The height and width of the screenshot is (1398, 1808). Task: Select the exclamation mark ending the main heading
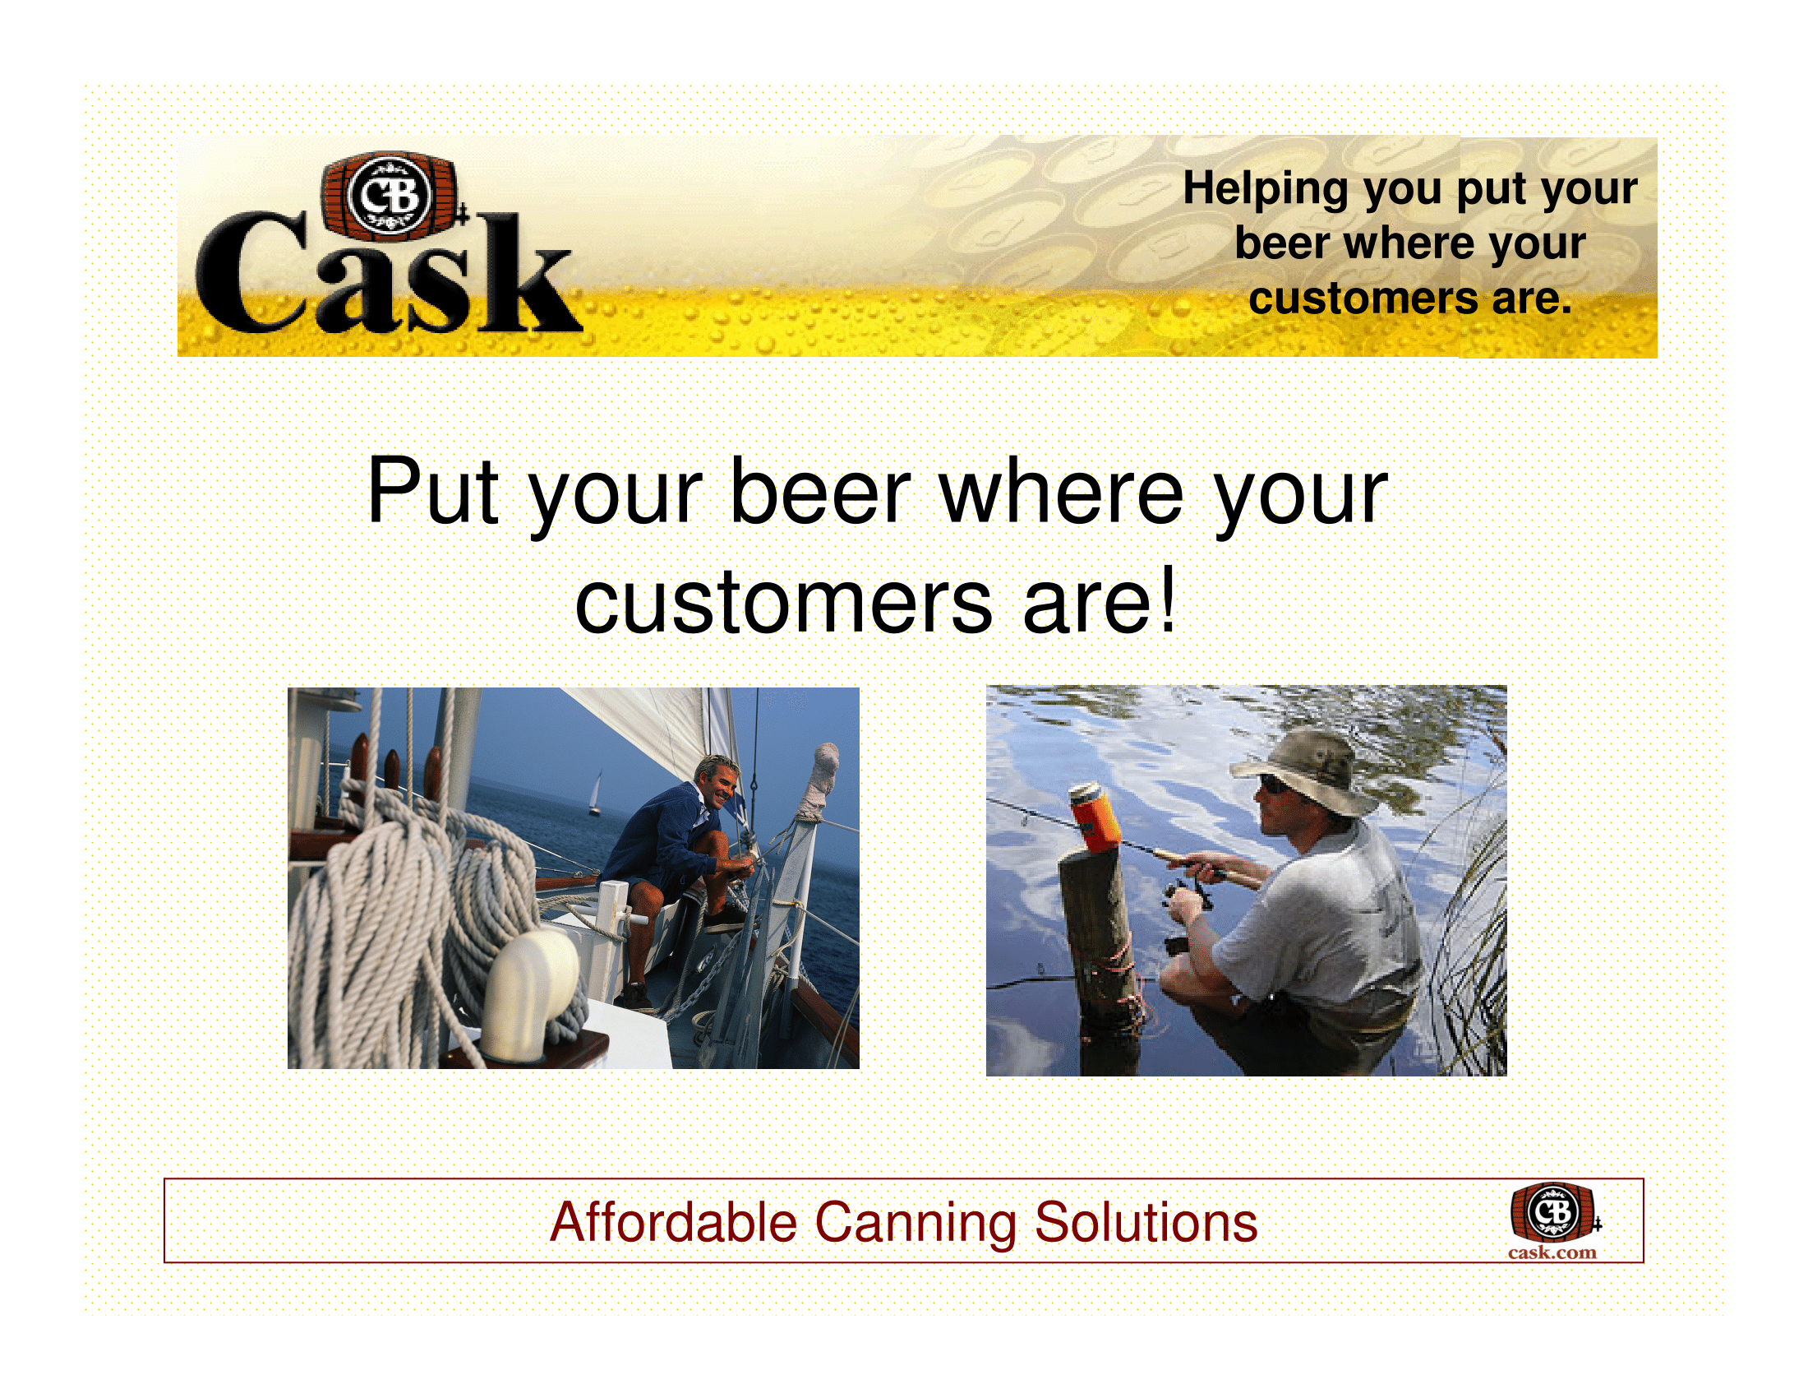1167,598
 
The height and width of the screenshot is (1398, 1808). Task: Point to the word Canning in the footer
916,1224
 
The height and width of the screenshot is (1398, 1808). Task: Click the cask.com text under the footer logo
1552,1252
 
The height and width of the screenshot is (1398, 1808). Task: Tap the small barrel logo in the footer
1554,1211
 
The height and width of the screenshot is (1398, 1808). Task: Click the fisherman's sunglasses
1274,785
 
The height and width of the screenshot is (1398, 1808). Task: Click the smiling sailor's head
715,781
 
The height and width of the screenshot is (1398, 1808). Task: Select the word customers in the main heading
783,602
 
